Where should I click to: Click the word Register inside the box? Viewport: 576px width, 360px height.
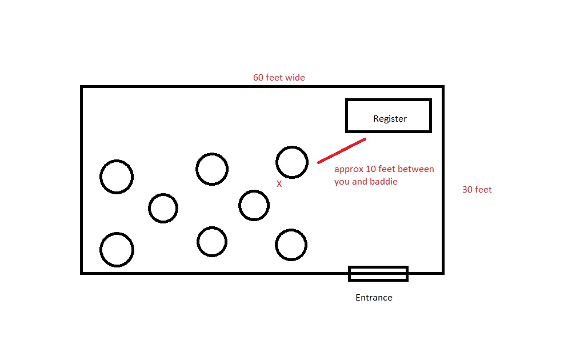(390, 119)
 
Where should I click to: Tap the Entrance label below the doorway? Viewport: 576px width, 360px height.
(374, 298)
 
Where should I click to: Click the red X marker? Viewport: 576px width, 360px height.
(279, 184)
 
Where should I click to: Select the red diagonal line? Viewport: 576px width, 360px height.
(342, 151)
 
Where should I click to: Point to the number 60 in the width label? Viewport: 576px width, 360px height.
(259, 78)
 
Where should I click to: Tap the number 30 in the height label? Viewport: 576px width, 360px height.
(467, 190)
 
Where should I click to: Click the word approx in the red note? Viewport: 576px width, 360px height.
(348, 170)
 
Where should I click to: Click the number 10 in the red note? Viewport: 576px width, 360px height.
(370, 169)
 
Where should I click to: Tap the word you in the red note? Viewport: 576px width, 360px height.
(342, 182)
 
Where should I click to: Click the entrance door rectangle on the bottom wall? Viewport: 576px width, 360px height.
(378, 274)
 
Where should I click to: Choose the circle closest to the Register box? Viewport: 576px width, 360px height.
(292, 162)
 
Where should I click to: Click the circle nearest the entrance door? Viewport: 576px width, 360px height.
(291, 245)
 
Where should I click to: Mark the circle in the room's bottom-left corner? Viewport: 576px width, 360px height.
(117, 250)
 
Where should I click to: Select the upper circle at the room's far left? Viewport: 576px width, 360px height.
(117, 177)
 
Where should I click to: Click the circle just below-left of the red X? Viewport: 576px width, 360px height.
(254, 205)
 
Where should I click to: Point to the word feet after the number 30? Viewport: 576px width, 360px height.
(483, 190)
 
